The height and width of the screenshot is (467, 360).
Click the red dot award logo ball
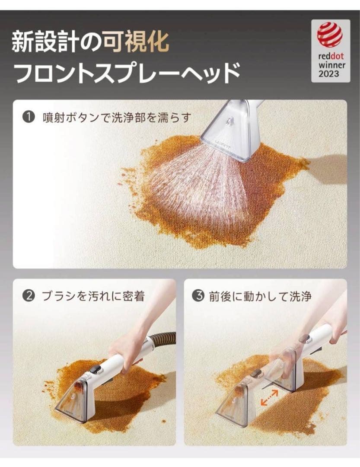(x=330, y=34)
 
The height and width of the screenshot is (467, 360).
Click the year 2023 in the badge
(x=330, y=74)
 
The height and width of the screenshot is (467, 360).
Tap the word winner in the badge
(x=330, y=65)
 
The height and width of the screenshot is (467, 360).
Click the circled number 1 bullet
(x=29, y=117)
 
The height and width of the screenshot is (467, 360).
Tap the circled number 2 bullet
(x=28, y=296)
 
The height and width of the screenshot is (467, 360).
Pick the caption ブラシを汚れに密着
(x=93, y=296)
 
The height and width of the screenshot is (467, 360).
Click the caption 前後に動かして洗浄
(x=260, y=296)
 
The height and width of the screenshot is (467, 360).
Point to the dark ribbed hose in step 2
(x=164, y=339)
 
